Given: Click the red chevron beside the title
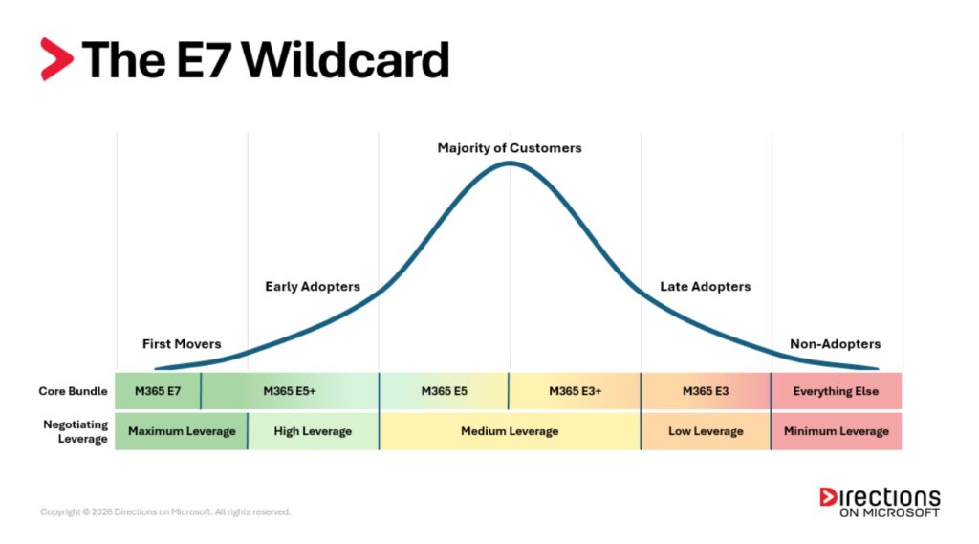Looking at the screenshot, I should click(x=56, y=59).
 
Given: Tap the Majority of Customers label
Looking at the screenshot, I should click(x=509, y=148).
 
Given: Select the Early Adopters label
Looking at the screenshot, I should click(x=313, y=287).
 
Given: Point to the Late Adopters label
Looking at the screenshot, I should click(x=706, y=287).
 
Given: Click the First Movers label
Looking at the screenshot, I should click(x=182, y=344).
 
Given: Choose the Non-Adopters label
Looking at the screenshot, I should click(x=835, y=344).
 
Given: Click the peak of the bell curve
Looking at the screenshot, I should click(x=510, y=163).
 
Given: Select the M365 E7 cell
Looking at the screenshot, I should click(x=158, y=391).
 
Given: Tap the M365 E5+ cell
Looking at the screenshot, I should click(x=290, y=391).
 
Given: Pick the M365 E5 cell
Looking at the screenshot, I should click(x=444, y=391).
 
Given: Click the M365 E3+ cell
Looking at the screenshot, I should click(x=575, y=391).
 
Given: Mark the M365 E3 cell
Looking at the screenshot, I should click(x=706, y=391).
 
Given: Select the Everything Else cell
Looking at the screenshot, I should click(x=837, y=391).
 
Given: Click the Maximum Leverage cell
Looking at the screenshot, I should click(x=182, y=431).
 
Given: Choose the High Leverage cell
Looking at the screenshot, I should click(x=313, y=431).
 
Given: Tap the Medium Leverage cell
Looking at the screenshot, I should click(x=510, y=431).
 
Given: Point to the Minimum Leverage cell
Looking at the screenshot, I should click(x=837, y=431).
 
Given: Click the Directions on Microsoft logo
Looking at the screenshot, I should click(x=880, y=502).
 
